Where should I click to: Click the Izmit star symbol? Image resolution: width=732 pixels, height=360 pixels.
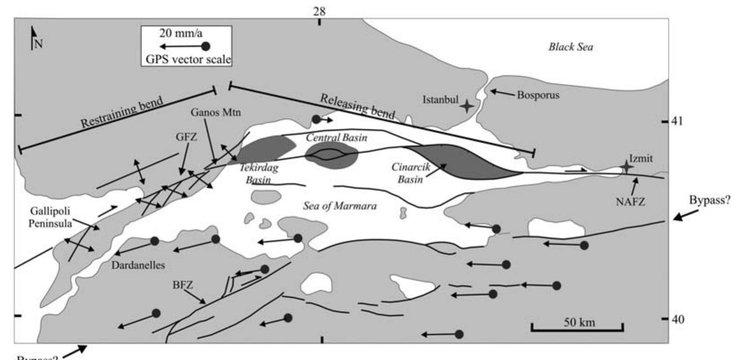click(x=626, y=167)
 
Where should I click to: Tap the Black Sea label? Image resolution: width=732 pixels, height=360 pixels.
click(x=570, y=47)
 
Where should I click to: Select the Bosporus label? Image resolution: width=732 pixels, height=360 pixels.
click(x=538, y=96)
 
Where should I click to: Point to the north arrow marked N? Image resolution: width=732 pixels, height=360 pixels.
click(x=34, y=38)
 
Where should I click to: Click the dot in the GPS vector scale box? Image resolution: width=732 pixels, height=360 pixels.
click(x=205, y=46)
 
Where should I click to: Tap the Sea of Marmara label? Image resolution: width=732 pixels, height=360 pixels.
click(x=339, y=206)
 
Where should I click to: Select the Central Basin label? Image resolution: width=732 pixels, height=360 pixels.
click(x=336, y=138)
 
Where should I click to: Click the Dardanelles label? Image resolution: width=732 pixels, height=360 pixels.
click(x=138, y=265)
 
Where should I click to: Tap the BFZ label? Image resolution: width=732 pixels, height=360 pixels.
click(x=182, y=285)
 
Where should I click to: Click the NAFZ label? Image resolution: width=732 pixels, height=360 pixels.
click(x=630, y=202)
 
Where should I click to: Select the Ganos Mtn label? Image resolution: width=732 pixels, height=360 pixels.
click(x=215, y=113)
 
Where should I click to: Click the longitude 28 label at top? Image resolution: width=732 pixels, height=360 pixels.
click(x=319, y=11)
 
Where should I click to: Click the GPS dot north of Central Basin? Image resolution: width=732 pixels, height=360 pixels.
click(x=317, y=120)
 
